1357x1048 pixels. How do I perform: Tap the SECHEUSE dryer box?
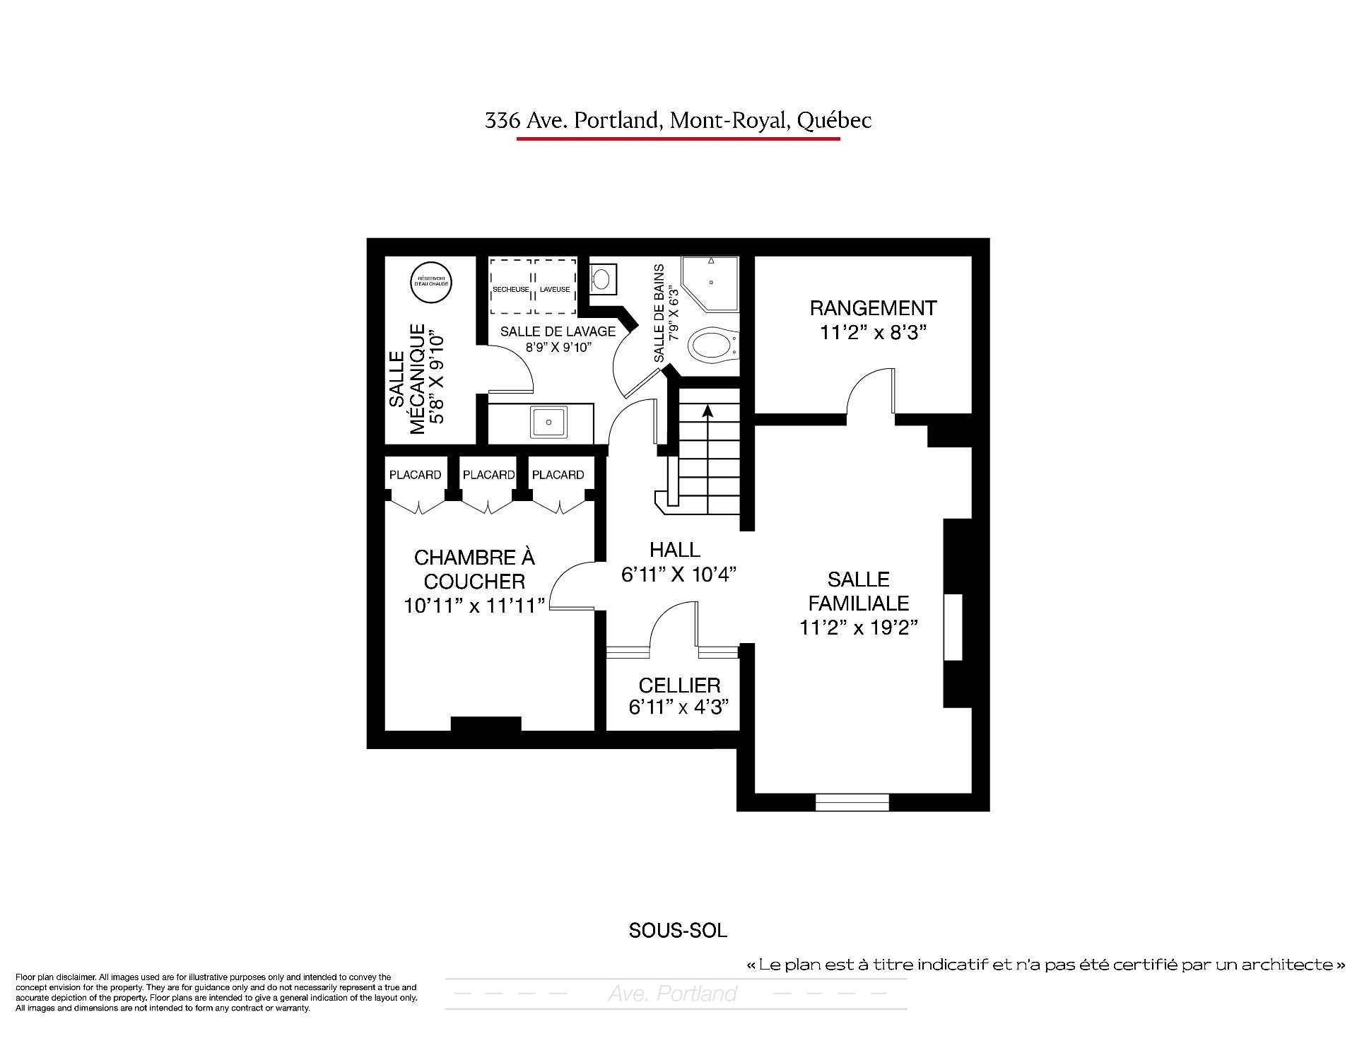click(510, 286)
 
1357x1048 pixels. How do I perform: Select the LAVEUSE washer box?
click(555, 286)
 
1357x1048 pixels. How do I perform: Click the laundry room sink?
click(548, 423)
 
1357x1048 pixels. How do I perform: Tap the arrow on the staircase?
click(707, 411)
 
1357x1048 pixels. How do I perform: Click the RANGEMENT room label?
click(873, 308)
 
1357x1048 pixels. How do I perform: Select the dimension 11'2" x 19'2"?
click(859, 628)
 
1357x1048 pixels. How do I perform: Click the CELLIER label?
click(679, 685)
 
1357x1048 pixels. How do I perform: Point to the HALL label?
click(675, 550)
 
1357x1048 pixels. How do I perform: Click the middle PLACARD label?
click(488, 475)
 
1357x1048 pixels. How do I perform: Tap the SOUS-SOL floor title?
click(678, 931)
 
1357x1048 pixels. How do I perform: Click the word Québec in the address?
click(834, 121)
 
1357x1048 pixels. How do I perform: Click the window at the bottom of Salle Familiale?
click(852, 802)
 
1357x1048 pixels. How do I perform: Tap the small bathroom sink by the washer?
click(601, 279)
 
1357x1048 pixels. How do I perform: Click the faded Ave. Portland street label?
click(672, 994)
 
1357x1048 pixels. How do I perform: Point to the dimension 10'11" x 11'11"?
click(474, 606)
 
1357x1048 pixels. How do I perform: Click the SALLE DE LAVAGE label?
click(558, 331)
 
